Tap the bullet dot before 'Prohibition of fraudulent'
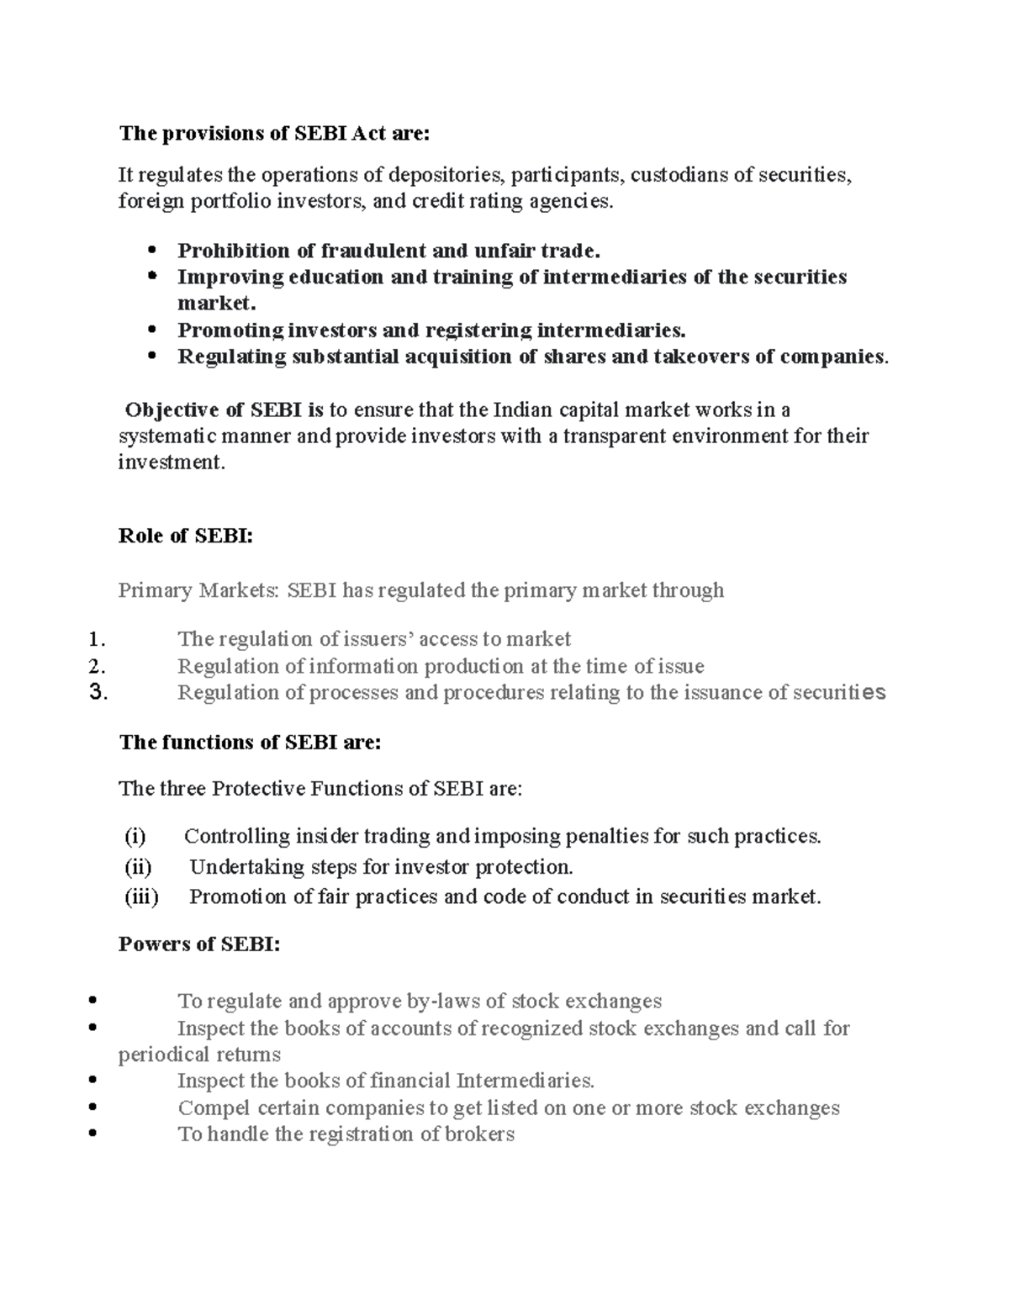(x=152, y=251)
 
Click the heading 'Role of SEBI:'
(x=186, y=536)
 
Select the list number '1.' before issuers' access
(x=96, y=640)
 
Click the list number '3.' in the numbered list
(x=96, y=693)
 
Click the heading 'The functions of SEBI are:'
(x=251, y=742)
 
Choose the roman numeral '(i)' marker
(x=135, y=837)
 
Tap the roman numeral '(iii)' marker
(x=141, y=897)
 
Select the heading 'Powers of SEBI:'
(x=199, y=944)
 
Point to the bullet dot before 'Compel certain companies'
(x=92, y=1108)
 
